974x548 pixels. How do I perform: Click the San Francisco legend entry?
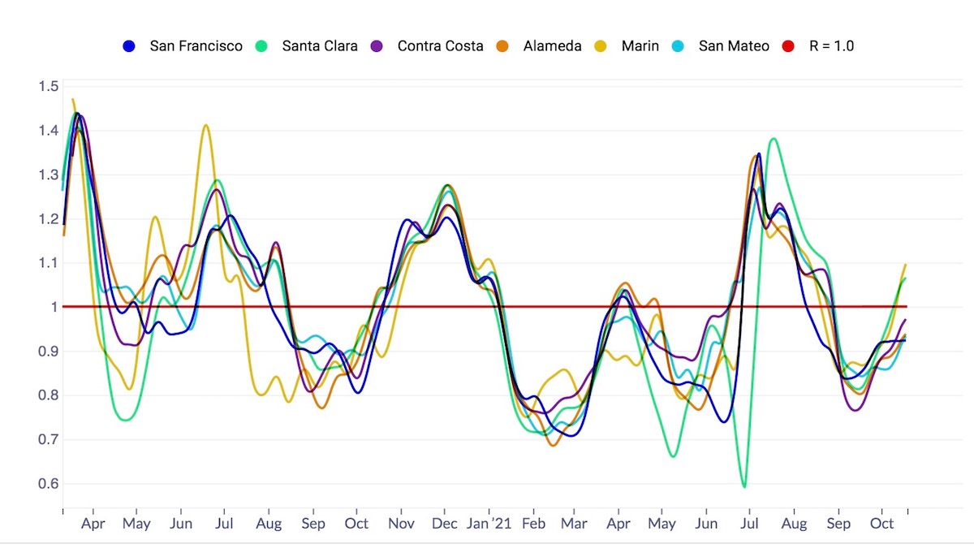point(196,46)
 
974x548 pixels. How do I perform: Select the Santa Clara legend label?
point(320,46)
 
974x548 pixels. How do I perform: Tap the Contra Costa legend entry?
point(440,46)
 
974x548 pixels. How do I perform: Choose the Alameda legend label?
point(552,46)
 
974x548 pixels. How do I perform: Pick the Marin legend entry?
point(640,46)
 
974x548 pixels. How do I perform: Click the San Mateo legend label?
point(734,46)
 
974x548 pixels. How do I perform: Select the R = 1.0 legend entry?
point(831,46)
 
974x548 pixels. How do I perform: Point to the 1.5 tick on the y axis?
point(48,87)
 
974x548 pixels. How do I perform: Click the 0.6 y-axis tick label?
point(48,484)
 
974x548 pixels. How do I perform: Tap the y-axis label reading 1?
point(54,307)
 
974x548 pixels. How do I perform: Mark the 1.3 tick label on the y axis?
point(48,175)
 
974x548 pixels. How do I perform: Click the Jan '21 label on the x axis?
point(490,524)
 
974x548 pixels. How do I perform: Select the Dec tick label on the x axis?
point(445,524)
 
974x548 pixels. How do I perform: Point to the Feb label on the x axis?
point(533,524)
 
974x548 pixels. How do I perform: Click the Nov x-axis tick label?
point(400,524)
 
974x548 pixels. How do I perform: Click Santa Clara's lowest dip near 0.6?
point(743,487)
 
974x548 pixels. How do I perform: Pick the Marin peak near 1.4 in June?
point(205,125)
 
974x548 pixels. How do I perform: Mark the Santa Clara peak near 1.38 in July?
point(773,139)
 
